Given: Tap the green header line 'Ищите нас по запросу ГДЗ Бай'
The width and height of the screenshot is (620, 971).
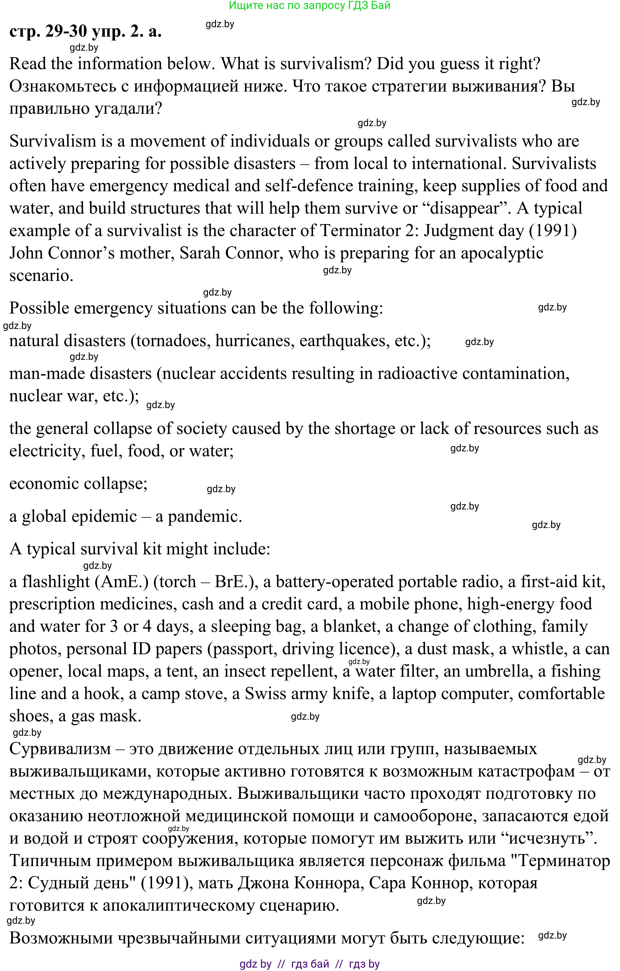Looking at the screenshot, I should point(310,6).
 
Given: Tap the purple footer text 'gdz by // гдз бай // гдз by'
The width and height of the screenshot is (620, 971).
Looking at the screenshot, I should point(310,964).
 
